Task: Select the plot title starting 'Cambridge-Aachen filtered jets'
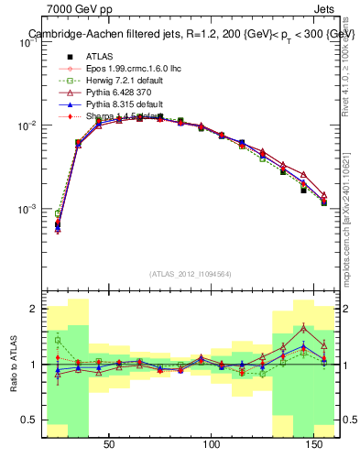189,34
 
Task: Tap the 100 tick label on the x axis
213,444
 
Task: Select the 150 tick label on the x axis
316,444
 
